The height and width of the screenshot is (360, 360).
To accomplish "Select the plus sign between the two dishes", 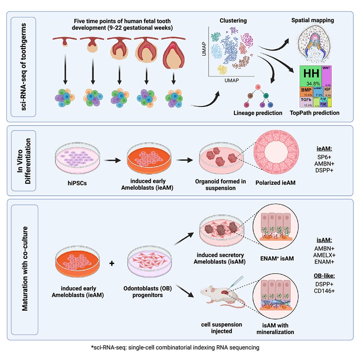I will (x=112, y=263).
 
